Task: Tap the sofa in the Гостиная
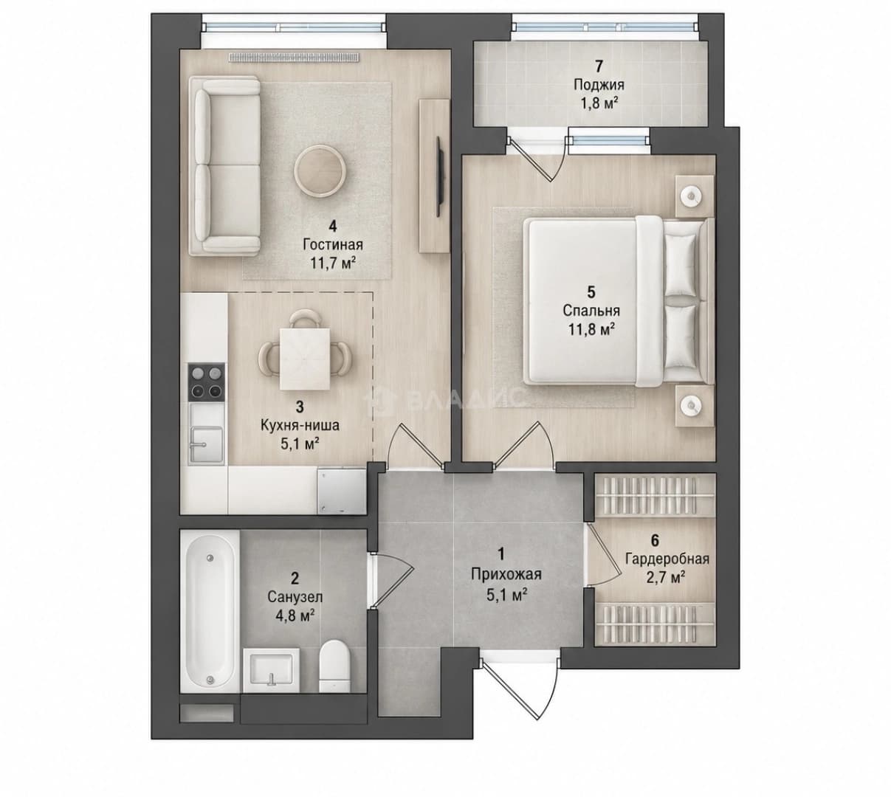pos(224,165)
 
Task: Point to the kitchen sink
pos(206,445)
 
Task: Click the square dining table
pos(305,359)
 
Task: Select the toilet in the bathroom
pos(334,666)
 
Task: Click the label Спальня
pos(591,311)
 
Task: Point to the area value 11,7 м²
pos(333,263)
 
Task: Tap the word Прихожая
pos(506,574)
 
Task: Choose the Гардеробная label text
pos(667,559)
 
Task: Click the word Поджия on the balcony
pos(599,85)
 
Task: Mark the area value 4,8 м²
pos(295,615)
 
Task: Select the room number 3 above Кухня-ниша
pos(300,407)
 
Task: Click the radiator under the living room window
pos(295,57)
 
